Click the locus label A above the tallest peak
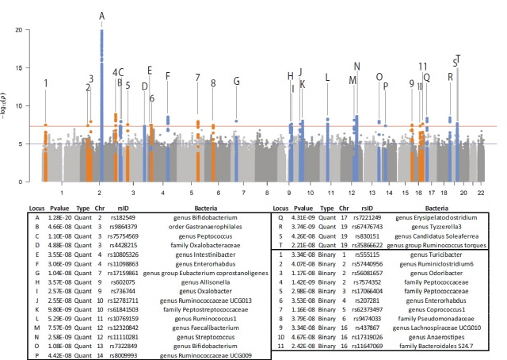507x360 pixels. (x=101, y=15)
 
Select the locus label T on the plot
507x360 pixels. (x=459, y=57)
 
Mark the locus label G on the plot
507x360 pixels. (x=236, y=82)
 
